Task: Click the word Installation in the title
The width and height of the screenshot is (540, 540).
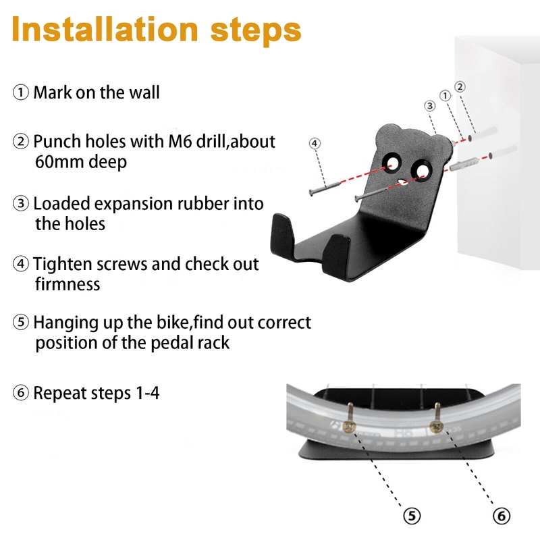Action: point(105,29)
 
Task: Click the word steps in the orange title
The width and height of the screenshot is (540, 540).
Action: point(256,32)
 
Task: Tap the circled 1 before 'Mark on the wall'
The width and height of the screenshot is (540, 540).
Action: point(21,92)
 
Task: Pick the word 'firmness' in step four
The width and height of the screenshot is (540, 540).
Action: point(67,284)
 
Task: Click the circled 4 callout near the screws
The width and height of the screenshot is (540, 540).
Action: point(315,143)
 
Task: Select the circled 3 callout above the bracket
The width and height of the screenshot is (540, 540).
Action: point(429,106)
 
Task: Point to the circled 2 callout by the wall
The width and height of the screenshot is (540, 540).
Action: point(460,87)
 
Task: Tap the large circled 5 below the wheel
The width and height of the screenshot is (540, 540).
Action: point(412,516)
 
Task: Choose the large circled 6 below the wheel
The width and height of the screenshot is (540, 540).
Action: point(502,516)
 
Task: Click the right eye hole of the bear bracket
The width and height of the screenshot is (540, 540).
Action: point(421,171)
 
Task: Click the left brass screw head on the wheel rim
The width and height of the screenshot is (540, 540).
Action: point(350,427)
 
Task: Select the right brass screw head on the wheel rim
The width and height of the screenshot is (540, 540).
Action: point(437,427)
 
